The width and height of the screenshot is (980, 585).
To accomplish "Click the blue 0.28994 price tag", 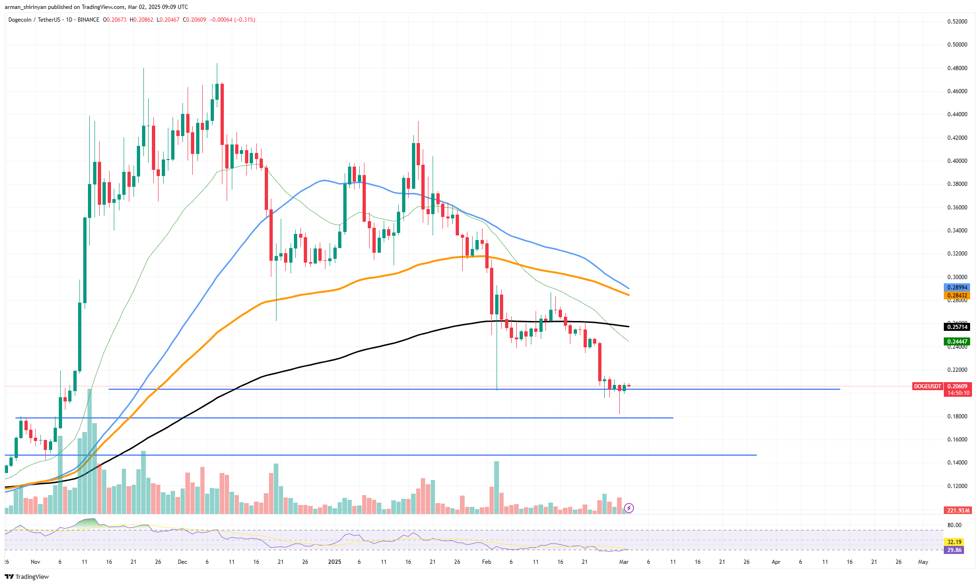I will point(957,287).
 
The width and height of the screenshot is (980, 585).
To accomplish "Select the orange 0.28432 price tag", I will point(957,296).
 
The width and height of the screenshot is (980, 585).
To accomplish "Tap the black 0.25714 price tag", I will point(957,327).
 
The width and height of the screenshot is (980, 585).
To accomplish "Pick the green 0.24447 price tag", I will point(957,342).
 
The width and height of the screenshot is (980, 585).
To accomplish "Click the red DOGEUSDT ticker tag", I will point(927,386).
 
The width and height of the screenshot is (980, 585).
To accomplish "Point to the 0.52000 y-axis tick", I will point(957,22).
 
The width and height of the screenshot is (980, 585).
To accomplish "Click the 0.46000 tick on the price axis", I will point(957,91).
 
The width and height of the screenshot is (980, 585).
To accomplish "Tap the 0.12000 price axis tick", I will point(957,486).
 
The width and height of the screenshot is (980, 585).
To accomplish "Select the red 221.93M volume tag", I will point(957,510).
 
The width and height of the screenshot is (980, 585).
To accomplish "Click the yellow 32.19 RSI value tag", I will point(954,542).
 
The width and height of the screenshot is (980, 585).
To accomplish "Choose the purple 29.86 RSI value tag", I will point(954,550).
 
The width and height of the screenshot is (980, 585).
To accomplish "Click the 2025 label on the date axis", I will point(334,562).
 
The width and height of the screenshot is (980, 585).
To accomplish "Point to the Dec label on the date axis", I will point(182,562).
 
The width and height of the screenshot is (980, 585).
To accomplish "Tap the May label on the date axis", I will point(923,562).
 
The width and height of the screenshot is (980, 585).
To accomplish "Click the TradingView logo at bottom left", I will point(27,577).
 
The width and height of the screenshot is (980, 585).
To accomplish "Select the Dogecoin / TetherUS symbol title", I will point(34,20).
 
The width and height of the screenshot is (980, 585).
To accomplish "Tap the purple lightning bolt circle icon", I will point(629,508).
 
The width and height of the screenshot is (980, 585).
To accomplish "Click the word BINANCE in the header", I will point(88,20).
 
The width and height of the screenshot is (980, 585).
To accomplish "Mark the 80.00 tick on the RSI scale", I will point(954,525).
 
